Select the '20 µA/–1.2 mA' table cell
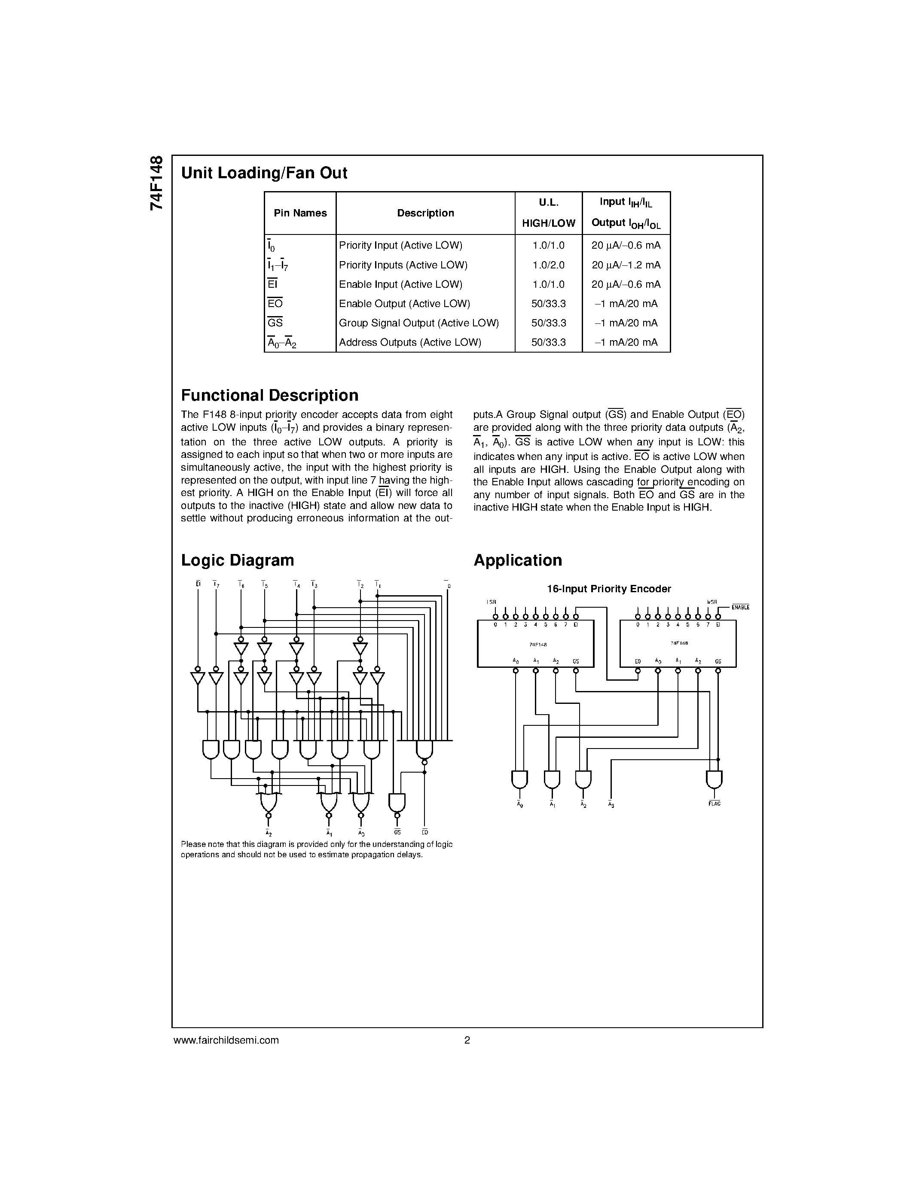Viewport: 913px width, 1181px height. point(626,265)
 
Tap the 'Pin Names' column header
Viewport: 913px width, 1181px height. point(300,213)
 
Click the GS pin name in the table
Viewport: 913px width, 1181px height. point(275,323)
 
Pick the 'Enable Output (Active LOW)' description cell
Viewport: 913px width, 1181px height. point(404,303)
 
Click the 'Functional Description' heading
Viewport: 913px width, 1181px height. point(269,395)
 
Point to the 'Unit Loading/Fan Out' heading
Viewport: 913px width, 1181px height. point(264,173)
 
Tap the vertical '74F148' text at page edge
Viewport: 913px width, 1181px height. point(156,183)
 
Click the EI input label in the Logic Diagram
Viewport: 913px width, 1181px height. point(198,584)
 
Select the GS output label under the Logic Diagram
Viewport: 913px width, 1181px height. point(397,832)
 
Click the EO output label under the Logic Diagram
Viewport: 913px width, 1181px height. point(424,832)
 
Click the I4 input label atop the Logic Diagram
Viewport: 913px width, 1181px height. point(296,584)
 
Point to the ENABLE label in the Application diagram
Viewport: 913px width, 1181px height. point(740,607)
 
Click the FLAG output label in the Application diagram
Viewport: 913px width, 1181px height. point(714,804)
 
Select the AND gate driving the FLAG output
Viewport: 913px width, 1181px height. point(714,779)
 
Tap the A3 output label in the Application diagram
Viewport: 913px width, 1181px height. point(611,805)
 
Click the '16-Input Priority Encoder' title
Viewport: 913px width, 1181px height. point(608,589)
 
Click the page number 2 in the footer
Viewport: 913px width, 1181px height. point(467,1040)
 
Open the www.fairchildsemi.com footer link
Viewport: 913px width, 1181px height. point(226,1040)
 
